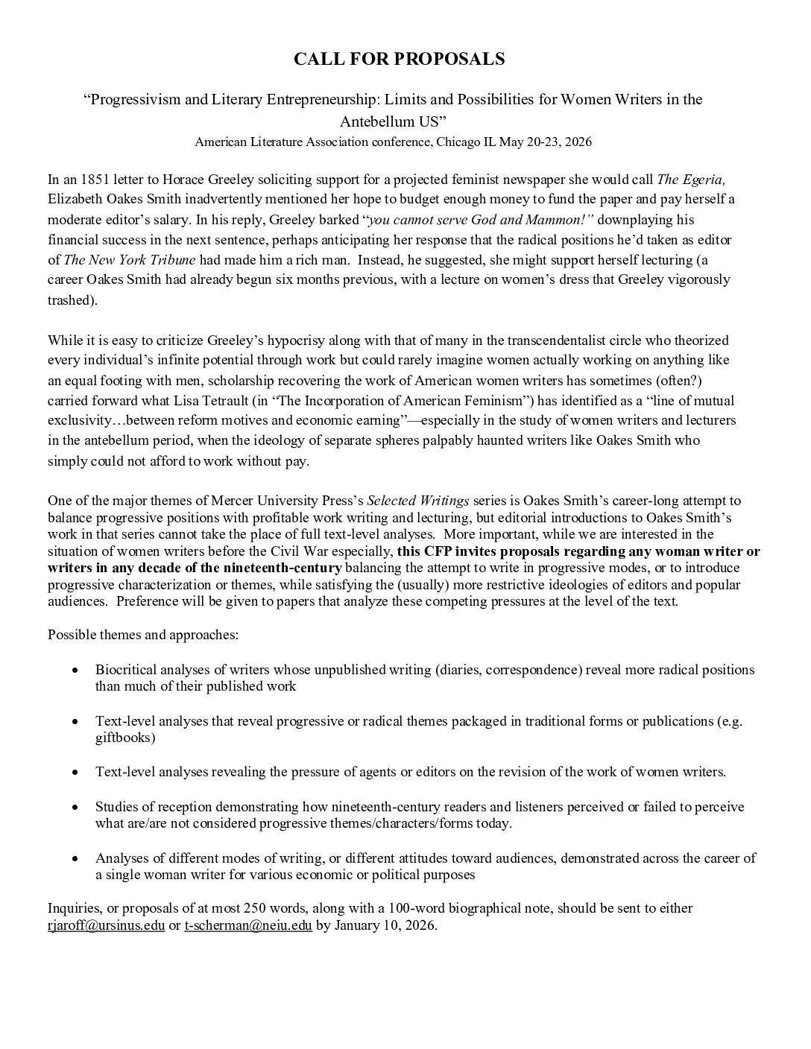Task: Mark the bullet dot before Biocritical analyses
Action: (x=75, y=671)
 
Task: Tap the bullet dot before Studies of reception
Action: (x=75, y=808)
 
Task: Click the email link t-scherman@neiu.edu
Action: (x=247, y=927)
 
